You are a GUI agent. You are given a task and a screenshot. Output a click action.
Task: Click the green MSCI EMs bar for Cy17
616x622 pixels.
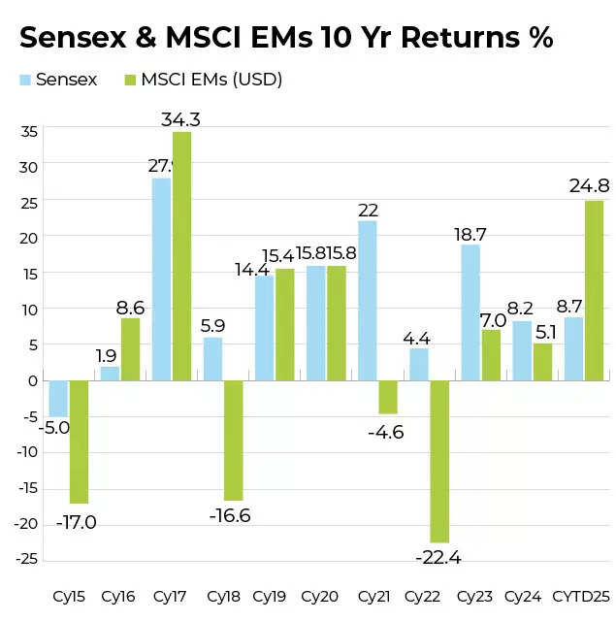point(181,256)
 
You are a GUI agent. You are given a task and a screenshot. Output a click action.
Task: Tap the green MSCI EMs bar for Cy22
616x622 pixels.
point(439,461)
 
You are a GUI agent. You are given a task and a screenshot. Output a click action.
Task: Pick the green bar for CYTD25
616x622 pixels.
point(594,290)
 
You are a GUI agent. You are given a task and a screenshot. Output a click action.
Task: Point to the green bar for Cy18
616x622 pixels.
point(233,440)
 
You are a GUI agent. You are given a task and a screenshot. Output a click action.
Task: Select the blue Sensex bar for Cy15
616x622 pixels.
point(58,398)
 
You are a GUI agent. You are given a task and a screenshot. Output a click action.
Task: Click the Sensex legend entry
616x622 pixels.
point(57,80)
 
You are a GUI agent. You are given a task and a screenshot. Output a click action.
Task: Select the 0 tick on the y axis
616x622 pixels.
point(33,380)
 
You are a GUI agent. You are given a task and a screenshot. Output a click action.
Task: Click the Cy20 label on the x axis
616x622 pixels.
point(319,595)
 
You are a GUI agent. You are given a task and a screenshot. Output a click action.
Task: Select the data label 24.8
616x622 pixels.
point(588,187)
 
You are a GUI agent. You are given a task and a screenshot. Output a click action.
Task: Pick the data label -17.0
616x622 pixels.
point(75,522)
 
